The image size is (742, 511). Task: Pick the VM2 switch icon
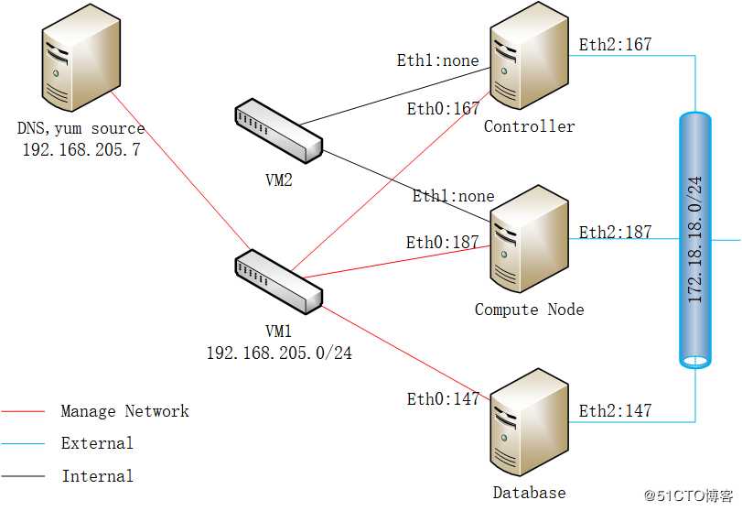(278, 131)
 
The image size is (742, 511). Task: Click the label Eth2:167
(615, 43)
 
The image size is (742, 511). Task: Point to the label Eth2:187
(615, 232)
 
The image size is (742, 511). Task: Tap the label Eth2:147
(615, 410)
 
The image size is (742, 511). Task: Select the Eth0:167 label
(443, 108)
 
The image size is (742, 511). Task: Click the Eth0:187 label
(443, 242)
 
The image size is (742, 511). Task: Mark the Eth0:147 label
(443, 398)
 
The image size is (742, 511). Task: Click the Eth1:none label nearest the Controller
(437, 60)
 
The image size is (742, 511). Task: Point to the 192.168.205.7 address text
(81, 149)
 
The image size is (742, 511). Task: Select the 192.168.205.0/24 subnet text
(279, 352)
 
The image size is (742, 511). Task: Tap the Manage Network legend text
(124, 411)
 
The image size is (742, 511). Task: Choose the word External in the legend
(97, 443)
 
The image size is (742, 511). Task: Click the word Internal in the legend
(97, 475)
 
